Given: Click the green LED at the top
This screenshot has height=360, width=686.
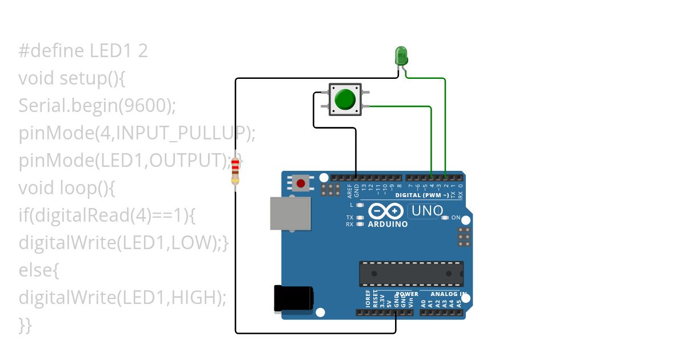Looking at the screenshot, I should (401, 56).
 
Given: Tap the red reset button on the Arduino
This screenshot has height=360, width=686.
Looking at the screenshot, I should (301, 183).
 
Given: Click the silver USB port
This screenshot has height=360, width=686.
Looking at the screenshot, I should (290, 214).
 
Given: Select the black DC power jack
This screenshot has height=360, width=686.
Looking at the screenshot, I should (293, 299).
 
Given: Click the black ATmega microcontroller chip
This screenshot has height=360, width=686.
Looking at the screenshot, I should (411, 274).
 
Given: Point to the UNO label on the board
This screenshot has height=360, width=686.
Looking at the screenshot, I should (427, 211).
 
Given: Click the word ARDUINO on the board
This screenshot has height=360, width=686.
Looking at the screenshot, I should (388, 224).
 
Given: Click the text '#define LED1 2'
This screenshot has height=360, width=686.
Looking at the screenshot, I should (83, 51).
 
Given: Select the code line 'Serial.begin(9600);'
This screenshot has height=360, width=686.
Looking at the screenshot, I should (97, 106).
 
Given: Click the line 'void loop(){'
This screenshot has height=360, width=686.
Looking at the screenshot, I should (67, 188).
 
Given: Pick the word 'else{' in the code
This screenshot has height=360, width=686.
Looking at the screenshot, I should (39, 270).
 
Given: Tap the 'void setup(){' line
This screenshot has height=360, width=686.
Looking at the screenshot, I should (72, 78).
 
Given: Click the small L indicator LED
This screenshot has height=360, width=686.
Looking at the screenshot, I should (360, 205).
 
